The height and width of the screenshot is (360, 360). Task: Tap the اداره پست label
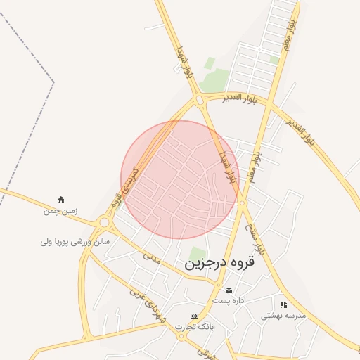click(229, 300)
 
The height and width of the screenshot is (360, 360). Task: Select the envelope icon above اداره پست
click(229, 290)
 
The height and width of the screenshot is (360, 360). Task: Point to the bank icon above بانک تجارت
click(194, 316)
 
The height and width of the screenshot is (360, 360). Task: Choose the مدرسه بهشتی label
click(284, 316)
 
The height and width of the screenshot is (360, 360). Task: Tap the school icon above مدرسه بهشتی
click(283, 305)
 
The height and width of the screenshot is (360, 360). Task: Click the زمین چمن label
click(60, 210)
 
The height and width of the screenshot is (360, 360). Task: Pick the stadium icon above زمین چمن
click(60, 199)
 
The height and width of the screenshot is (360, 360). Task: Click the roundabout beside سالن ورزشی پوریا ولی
click(105, 223)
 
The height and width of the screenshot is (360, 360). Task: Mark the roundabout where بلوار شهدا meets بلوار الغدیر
click(200, 101)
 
